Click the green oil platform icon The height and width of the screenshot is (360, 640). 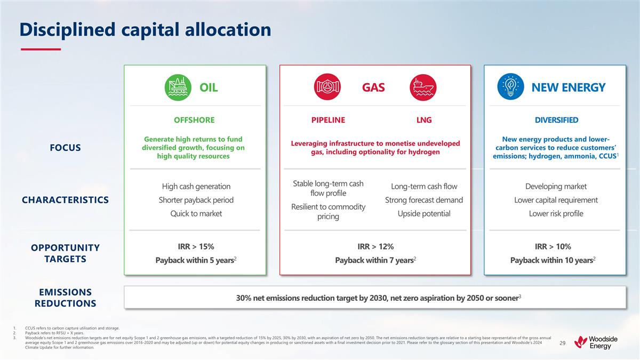(177, 87)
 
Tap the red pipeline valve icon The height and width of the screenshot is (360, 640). (327, 87)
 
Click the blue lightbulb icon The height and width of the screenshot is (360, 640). (510, 87)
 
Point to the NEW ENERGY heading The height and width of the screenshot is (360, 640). (568, 87)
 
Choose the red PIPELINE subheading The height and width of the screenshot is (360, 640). (328, 120)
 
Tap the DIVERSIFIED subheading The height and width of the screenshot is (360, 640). (556, 120)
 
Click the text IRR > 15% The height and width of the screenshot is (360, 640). (196, 246)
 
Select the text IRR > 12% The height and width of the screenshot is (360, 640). (375, 246)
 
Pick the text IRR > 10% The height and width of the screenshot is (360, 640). (553, 246)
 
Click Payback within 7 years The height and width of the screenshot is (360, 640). (375, 260)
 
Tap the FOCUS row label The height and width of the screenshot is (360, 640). (62, 148)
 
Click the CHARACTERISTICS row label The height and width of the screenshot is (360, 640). (65, 200)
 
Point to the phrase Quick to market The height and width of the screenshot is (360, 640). (196, 214)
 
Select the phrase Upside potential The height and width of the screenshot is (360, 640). (423, 214)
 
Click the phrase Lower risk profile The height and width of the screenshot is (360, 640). (556, 214)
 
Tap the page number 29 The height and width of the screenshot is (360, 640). (562, 343)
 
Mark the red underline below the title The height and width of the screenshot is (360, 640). (41, 50)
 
